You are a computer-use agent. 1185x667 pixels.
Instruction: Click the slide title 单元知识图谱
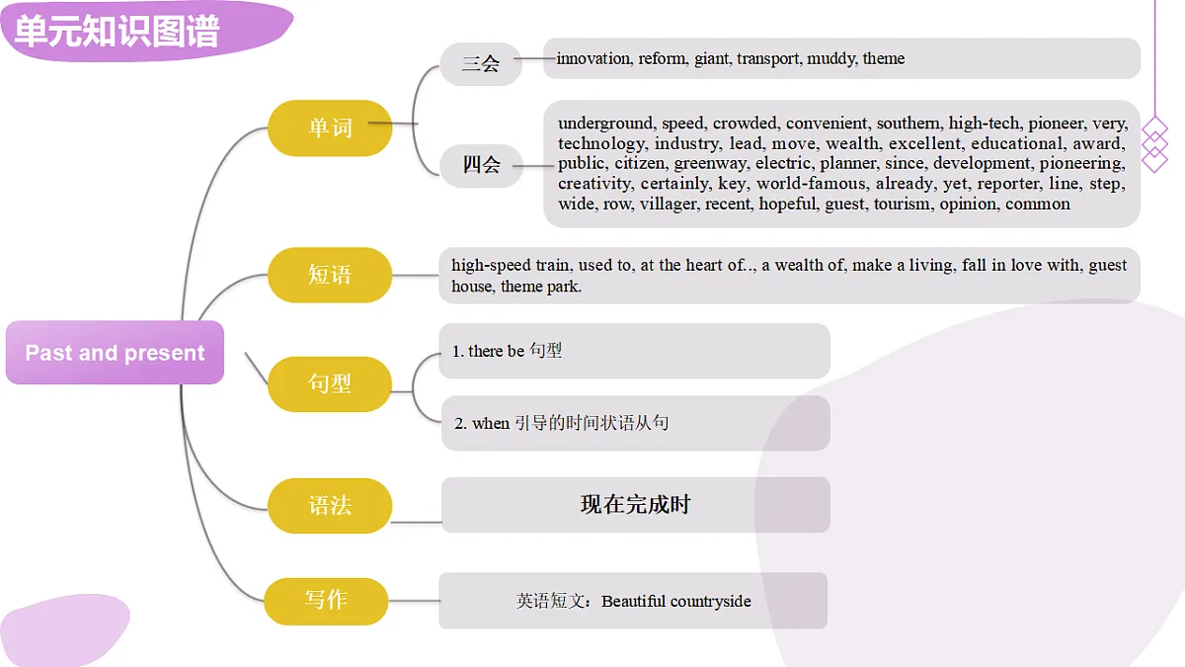pos(117,32)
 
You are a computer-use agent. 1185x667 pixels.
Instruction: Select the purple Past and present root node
pos(115,353)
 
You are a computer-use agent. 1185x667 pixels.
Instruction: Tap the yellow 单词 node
pos(330,128)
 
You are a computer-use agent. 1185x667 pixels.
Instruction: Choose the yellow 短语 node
pos(330,275)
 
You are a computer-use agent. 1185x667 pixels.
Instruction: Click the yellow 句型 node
pos(330,383)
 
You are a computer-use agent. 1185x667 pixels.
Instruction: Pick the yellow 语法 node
pos(330,506)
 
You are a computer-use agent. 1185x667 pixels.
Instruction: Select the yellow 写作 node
pos(327,601)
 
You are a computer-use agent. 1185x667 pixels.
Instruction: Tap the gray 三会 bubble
pos(481,64)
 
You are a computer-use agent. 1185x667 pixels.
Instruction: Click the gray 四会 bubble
pos(482,165)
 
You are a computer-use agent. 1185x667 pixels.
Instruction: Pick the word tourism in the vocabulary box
pos(904,204)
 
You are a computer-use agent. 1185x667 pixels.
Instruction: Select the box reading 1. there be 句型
pos(634,351)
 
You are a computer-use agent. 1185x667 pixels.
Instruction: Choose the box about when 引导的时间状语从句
pos(635,423)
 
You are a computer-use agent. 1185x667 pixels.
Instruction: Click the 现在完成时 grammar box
pos(635,505)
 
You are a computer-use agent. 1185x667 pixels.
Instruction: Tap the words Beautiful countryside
pos(676,602)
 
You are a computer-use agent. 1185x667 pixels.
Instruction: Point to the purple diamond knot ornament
pos(1154,144)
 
